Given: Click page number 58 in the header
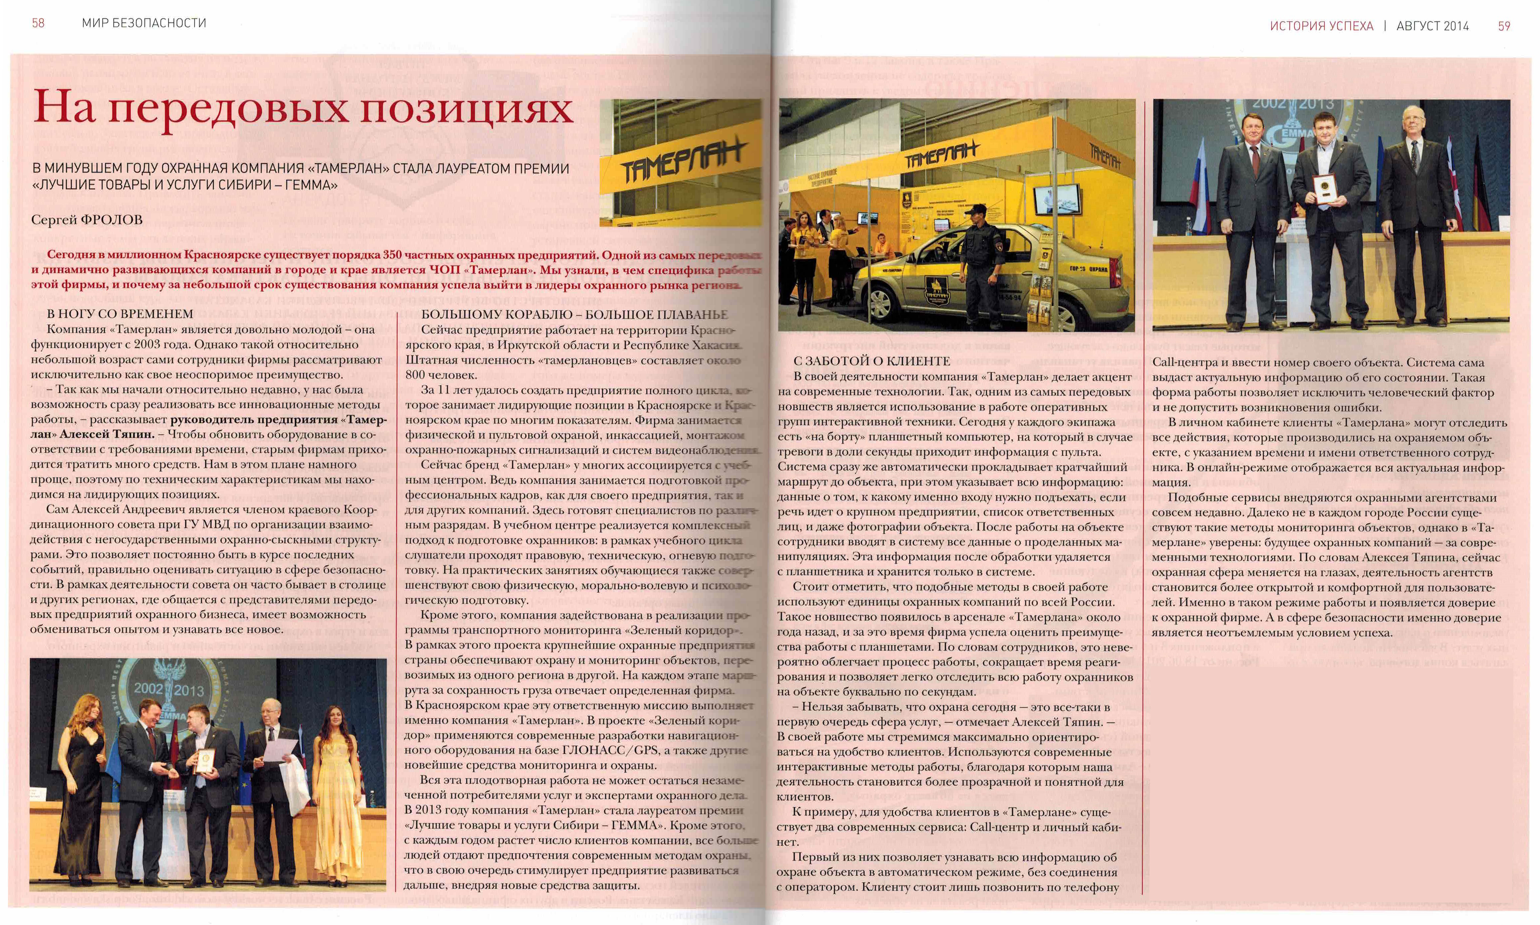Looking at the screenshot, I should tap(38, 23).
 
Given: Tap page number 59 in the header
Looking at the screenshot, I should tap(1504, 26).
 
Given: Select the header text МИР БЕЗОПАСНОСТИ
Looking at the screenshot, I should tap(144, 23).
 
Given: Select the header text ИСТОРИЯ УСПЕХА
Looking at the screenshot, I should tap(1321, 26).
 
